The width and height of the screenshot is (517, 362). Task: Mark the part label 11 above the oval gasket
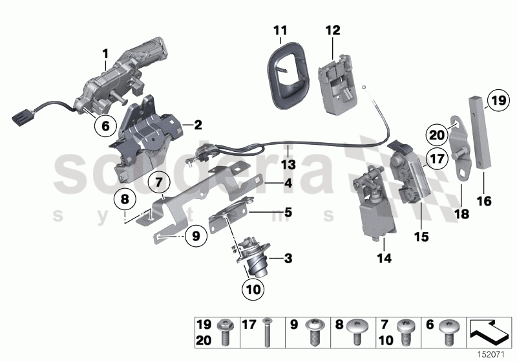pos(279,30)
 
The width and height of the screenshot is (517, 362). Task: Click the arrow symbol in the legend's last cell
pos(489,330)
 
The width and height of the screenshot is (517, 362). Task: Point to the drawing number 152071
pos(496,352)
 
